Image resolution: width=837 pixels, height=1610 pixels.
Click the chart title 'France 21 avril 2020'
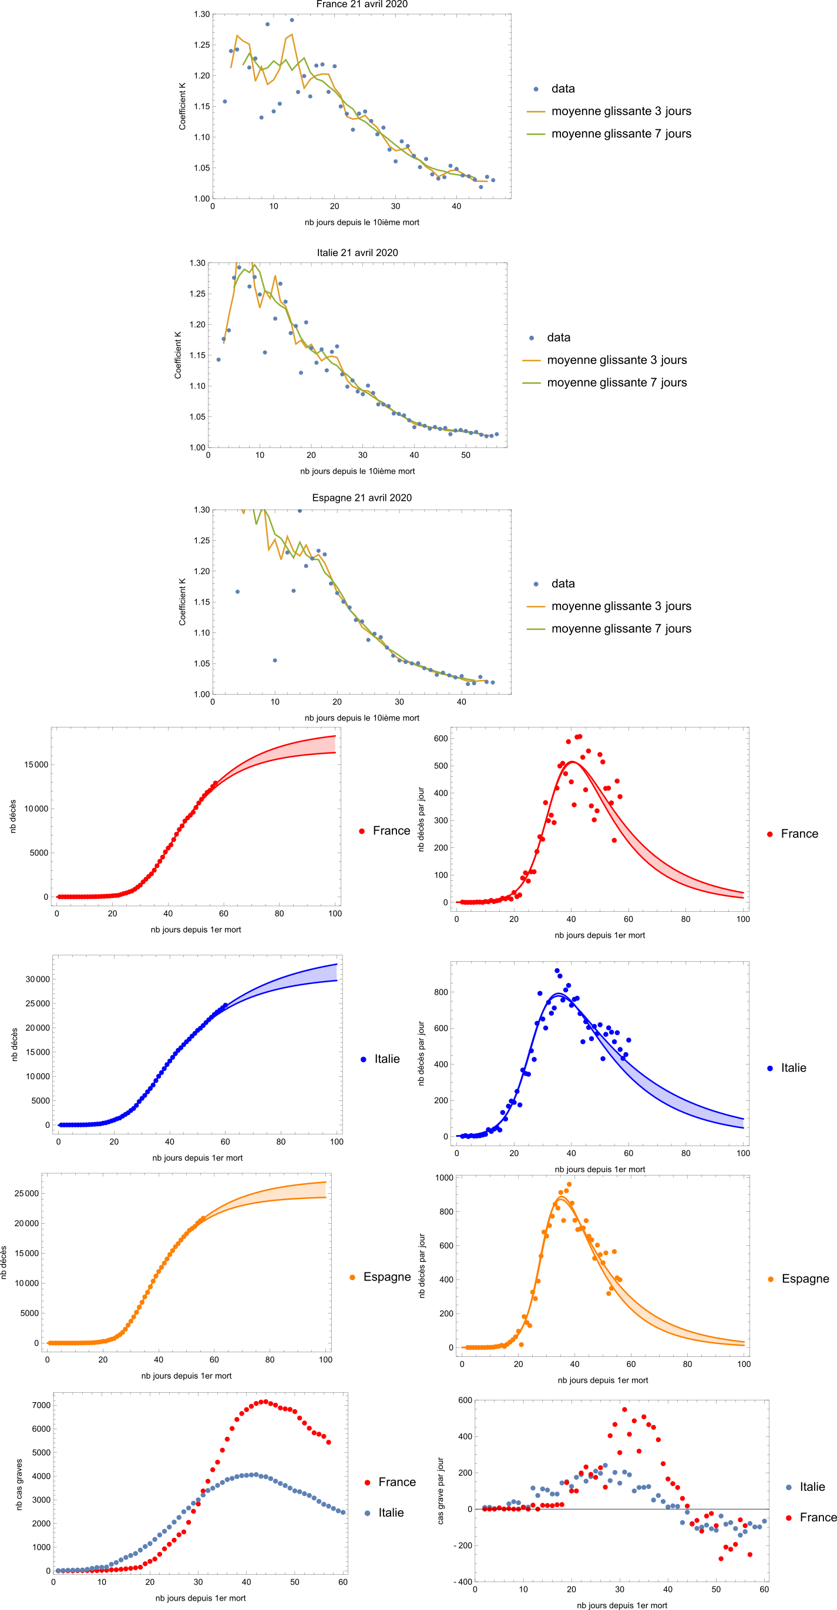[361, 4]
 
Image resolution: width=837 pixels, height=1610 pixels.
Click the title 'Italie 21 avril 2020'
[357, 252]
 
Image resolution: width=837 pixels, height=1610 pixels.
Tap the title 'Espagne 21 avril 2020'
[361, 497]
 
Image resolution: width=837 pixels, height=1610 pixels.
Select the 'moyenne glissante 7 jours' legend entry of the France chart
[621, 134]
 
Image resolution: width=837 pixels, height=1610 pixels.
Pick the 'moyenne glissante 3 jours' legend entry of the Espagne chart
[621, 607]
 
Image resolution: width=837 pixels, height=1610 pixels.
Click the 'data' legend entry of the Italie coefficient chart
[558, 338]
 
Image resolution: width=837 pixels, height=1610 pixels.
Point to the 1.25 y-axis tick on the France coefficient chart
[201, 45]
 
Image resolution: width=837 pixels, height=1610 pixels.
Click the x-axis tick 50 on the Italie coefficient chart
[465, 455]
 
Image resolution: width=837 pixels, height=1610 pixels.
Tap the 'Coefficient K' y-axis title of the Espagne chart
[183, 602]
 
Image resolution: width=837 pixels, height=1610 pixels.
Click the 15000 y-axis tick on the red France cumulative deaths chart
[36, 765]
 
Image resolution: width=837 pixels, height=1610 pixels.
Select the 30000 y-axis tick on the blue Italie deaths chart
[38, 979]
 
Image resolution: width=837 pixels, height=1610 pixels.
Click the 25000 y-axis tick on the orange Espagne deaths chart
[26, 1194]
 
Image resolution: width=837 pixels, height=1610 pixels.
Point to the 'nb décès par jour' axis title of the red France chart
[421, 819]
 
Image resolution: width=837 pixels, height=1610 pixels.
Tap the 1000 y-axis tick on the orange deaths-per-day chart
[444, 1178]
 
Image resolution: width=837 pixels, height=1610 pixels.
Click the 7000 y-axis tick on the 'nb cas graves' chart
[41, 1406]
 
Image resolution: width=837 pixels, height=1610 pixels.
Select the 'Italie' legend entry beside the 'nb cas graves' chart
[391, 1513]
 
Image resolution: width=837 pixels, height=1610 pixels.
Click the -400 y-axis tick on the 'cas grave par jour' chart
[463, 1582]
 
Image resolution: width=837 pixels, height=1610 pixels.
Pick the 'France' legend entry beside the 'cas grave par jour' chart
[818, 1517]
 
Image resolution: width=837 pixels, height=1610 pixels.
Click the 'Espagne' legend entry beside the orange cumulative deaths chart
[387, 1278]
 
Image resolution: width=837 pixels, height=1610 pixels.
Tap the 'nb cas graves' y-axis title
[19, 1485]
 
